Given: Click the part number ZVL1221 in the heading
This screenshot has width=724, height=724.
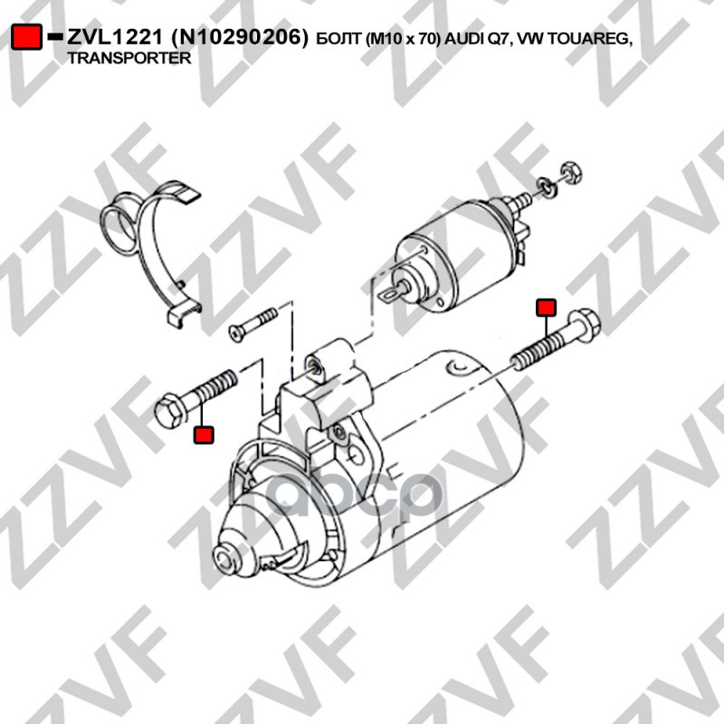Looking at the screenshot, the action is click(115, 38).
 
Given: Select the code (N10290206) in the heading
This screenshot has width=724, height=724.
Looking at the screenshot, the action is click(239, 38).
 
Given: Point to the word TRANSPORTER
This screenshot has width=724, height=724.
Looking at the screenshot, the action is click(129, 58).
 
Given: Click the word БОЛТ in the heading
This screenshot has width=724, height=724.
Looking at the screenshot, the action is click(338, 40).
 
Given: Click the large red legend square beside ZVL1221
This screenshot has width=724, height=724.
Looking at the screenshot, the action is click(26, 36).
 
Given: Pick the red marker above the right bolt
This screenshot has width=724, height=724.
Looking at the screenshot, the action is click(546, 308).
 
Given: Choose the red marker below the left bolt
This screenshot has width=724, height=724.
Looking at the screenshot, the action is click(204, 435).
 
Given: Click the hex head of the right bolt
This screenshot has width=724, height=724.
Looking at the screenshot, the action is click(585, 326).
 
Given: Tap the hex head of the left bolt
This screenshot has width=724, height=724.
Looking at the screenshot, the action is click(170, 410).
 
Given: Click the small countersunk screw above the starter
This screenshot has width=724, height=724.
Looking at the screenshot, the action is click(253, 324).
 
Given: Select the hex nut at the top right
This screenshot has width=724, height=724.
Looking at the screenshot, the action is click(571, 173).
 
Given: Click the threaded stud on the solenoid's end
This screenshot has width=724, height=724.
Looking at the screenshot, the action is click(523, 201).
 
